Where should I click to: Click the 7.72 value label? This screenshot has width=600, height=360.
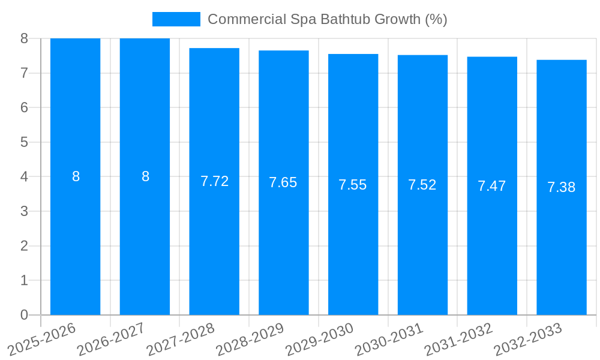pyautogui.click(x=214, y=181)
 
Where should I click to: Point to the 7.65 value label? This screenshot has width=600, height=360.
pyautogui.click(x=283, y=182)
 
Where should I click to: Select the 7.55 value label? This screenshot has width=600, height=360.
pyautogui.click(x=353, y=185)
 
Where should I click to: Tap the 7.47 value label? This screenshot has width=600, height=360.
pyautogui.click(x=492, y=186)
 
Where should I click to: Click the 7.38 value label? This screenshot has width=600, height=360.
pyautogui.click(x=562, y=187)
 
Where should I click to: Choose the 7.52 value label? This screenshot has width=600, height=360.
pyautogui.click(x=422, y=185)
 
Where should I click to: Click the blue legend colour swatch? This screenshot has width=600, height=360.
pyautogui.click(x=176, y=19)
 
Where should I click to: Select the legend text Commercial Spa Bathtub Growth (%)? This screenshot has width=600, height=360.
pyautogui.click(x=328, y=19)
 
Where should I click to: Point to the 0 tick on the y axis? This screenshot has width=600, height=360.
pyautogui.click(x=24, y=315)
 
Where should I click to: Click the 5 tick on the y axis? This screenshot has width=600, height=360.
pyautogui.click(x=24, y=142)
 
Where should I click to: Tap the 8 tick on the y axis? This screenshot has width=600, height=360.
pyautogui.click(x=24, y=38)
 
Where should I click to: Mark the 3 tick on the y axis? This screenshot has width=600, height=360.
pyautogui.click(x=24, y=211)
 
